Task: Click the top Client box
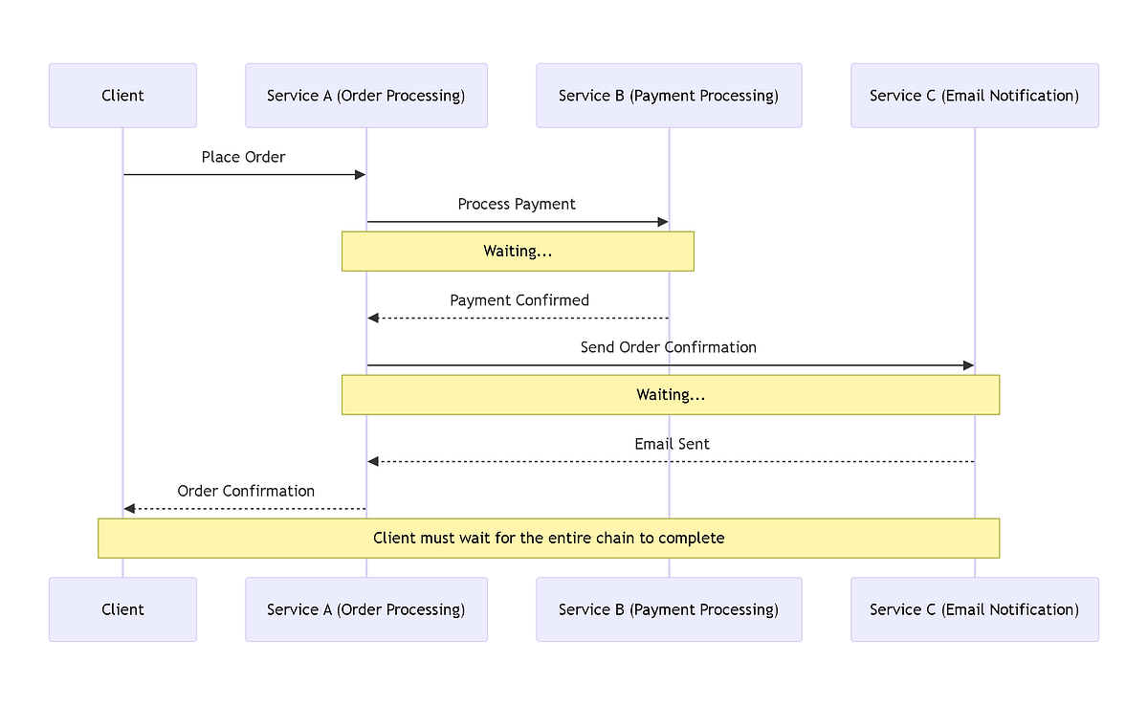click(122, 96)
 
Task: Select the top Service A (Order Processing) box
click(366, 96)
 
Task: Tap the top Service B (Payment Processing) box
click(669, 96)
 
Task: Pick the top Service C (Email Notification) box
click(974, 96)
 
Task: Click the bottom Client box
click(122, 609)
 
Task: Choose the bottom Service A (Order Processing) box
click(366, 609)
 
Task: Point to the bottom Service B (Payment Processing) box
click(669, 609)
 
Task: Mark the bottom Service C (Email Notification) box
click(974, 609)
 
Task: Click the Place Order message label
click(243, 157)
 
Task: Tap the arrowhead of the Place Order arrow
click(361, 174)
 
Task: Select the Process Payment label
click(517, 204)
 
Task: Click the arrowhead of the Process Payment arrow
click(663, 222)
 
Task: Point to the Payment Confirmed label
click(519, 300)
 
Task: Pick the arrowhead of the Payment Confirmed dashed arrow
click(373, 318)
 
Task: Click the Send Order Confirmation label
click(668, 347)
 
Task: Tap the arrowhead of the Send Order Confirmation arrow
click(968, 365)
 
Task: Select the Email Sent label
click(672, 444)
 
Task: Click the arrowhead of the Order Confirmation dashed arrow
click(129, 509)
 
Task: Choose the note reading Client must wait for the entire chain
click(548, 538)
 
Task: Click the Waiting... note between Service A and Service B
click(518, 252)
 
